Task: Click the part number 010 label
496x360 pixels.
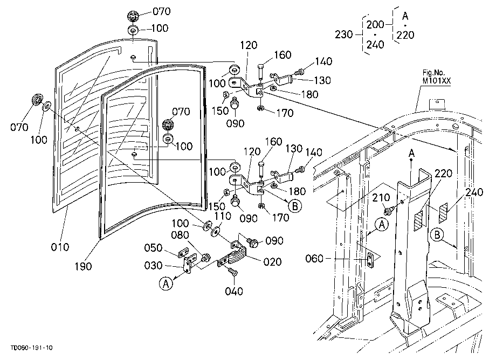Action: [60, 246]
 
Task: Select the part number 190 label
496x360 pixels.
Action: [83, 266]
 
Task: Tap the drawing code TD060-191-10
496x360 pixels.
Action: [32, 348]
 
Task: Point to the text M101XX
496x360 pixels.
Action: [437, 81]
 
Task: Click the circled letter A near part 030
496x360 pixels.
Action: [166, 283]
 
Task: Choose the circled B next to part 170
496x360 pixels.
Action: [295, 206]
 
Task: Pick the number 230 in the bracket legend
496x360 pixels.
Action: [344, 34]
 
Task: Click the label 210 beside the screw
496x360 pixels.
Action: [381, 198]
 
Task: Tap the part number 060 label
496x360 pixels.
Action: [314, 259]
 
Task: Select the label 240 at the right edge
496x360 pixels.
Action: [474, 192]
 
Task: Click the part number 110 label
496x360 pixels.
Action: [223, 216]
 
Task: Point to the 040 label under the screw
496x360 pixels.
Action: [234, 291]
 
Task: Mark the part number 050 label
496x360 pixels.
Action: [154, 248]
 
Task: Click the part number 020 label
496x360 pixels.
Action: [272, 262]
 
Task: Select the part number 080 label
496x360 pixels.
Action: [180, 235]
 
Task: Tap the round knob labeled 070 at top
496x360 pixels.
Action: [133, 16]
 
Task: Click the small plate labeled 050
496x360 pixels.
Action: [184, 253]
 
